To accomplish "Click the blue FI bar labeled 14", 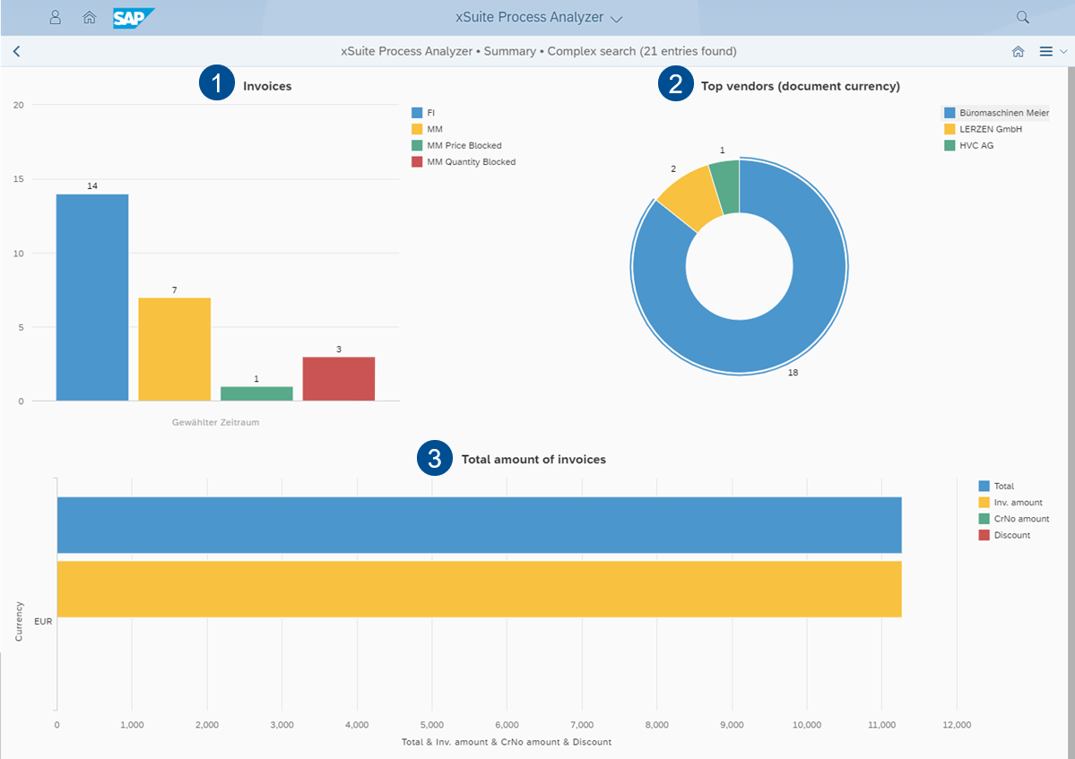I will [92, 298].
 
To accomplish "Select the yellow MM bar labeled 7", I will [174, 349].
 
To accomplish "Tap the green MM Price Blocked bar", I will [256, 393].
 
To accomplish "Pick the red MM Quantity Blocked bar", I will [338, 379].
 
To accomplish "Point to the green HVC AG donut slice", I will [725, 186].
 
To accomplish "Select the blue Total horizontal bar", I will [479, 525].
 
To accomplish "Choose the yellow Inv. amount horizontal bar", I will [479, 589].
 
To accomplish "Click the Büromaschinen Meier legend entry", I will [995, 113].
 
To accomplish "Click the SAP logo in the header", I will [134, 18].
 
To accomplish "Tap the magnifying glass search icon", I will [1022, 18].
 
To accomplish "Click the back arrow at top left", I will [16, 52].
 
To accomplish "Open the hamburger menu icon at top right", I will [1045, 52].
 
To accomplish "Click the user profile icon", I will [56, 18].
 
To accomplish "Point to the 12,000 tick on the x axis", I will [957, 725].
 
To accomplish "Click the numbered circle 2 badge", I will [675, 85].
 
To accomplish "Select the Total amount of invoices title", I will [533, 460].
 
